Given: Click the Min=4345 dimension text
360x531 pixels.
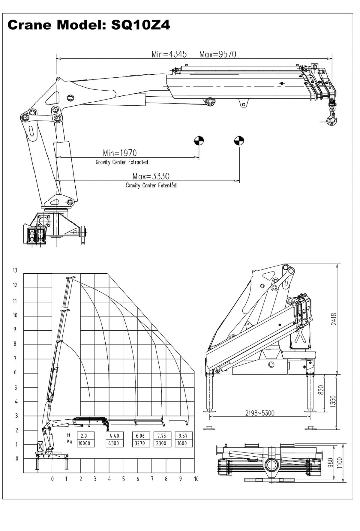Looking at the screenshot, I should coord(169,54).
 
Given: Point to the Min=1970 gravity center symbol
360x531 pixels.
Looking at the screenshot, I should coord(199,140).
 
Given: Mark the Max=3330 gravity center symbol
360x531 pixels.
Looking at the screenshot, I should coord(239,140).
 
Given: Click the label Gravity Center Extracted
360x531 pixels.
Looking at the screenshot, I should coord(122,162).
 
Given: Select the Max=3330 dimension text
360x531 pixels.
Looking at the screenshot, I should coord(151,176).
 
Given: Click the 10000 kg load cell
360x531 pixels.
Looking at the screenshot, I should coord(85,443).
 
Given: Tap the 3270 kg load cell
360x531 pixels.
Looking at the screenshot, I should coord(140,443).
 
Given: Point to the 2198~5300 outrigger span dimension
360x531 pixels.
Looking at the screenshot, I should coord(260,413).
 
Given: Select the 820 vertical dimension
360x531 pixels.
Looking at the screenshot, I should coord(320,390).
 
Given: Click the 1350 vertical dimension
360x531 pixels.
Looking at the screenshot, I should coord(333,401).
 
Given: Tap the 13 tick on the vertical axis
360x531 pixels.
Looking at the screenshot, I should coord(15,270).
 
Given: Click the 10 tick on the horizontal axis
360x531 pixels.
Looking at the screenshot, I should coord(196,479).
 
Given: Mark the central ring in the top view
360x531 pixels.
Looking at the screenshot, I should coord(272,465).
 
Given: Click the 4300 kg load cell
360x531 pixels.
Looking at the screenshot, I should coord(114,443).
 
